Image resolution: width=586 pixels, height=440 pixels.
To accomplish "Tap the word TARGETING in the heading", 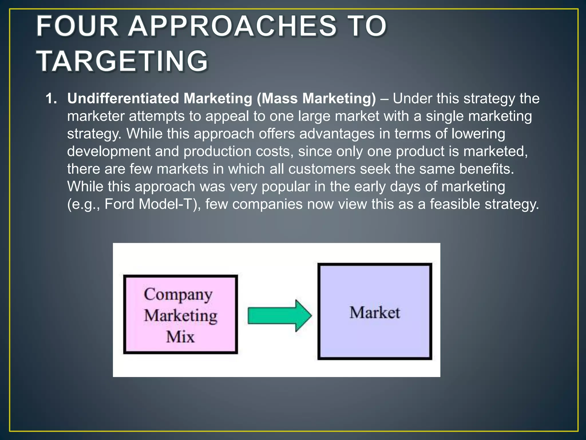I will coord(122,61).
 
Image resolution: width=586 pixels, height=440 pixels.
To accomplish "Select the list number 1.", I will coord(51,99).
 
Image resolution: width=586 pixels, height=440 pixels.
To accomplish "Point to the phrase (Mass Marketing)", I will coord(316,99).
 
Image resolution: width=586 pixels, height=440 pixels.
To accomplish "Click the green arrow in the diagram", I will coord(279,316).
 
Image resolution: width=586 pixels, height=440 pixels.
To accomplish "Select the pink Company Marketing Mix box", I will coord(181,315).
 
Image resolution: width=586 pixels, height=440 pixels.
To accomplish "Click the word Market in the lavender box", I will coord(374,312).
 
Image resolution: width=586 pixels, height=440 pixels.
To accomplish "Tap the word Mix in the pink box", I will coord(180,337).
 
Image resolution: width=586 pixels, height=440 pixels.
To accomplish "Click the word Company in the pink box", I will coord(178,295).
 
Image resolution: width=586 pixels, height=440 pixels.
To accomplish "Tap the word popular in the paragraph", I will coord(286,187).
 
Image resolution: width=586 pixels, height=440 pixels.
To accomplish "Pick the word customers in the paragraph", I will coord(322,169).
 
